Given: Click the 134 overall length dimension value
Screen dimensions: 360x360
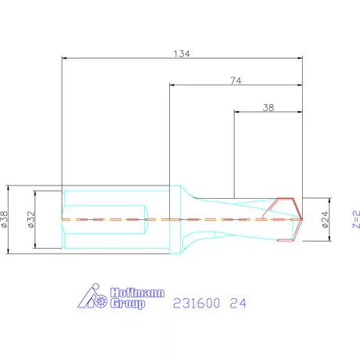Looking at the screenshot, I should [182, 53].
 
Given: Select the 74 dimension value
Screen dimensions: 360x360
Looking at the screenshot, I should [236, 79].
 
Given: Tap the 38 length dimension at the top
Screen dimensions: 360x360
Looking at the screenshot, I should [269, 109].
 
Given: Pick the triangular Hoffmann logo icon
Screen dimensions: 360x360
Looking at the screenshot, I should [95, 298].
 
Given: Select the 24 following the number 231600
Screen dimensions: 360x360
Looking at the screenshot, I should [238, 301].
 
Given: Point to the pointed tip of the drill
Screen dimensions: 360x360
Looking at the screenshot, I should [301, 219].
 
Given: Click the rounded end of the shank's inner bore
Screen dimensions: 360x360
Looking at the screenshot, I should [147, 219].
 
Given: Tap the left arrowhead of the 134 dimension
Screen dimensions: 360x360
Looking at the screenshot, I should [64, 58].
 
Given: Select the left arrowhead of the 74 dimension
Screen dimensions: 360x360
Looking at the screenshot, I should [173, 84].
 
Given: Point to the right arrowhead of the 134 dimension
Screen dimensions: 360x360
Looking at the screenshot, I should [301, 58].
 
